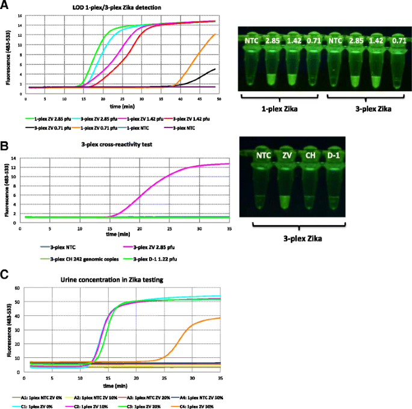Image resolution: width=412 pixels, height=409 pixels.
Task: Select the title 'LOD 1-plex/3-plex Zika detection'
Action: (x=115, y=7)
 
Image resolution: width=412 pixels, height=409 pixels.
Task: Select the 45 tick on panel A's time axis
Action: (x=201, y=93)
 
